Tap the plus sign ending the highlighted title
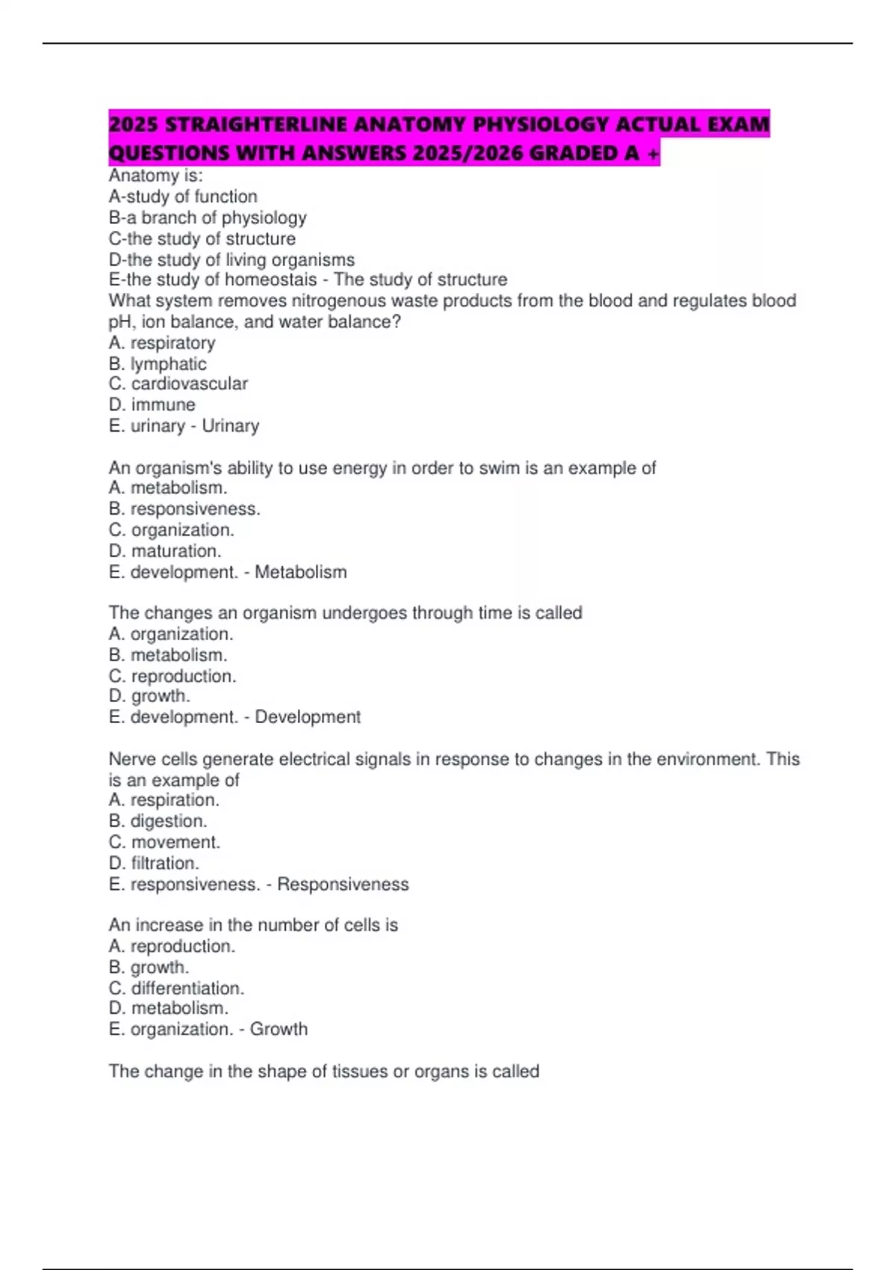tap(654, 153)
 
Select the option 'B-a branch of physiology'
tap(208, 217)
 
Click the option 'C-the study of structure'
tap(202, 238)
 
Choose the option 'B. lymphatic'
tap(158, 364)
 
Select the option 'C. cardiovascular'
tap(178, 383)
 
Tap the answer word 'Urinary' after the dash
tap(231, 426)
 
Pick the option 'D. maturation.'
tap(165, 551)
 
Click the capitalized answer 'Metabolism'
tap(301, 572)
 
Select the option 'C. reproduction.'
tap(172, 676)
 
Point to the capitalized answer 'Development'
tap(308, 717)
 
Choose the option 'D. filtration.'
tap(154, 863)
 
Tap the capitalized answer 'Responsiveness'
tap(343, 885)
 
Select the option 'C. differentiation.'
tap(176, 988)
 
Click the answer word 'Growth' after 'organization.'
tap(279, 1029)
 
